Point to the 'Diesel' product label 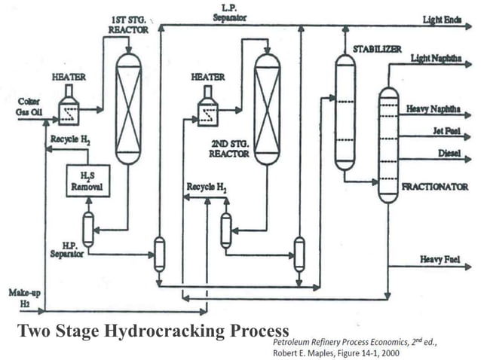[x=449, y=154]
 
